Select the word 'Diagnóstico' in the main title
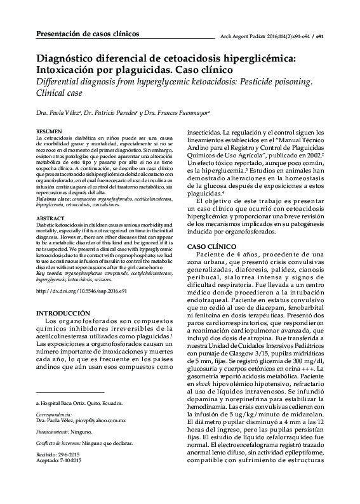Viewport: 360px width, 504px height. click(x=68, y=58)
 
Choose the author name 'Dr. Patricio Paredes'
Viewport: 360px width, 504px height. click(x=110, y=113)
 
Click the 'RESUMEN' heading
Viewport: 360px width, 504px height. click(x=49, y=131)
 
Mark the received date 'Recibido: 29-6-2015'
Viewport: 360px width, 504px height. click(x=60, y=473)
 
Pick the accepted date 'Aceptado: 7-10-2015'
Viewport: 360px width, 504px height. click(x=61, y=479)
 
